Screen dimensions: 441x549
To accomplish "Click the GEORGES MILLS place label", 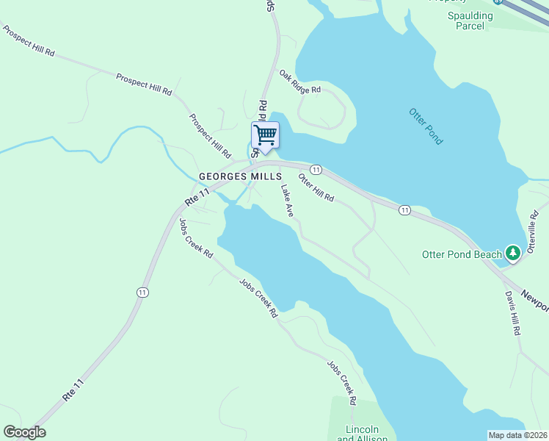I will tap(240, 177).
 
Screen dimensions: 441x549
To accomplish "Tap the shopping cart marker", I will tap(264, 135).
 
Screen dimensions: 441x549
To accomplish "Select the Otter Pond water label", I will tap(426, 125).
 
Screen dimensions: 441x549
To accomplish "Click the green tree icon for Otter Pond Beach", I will tap(513, 254).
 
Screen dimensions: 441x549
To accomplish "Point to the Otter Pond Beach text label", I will tap(462, 255).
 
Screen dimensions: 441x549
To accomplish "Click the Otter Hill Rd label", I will tap(316, 187).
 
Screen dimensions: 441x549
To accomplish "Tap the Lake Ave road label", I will tap(287, 200).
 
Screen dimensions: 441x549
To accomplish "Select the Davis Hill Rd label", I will tap(512, 313).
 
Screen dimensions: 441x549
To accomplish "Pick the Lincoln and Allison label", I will tap(362, 434).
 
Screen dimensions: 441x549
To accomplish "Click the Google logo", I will tap(24, 432).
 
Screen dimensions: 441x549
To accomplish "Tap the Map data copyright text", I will tap(517, 435).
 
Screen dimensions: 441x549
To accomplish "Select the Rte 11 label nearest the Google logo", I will tap(79, 387).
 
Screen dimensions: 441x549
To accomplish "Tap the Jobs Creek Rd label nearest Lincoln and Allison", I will tap(342, 382).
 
